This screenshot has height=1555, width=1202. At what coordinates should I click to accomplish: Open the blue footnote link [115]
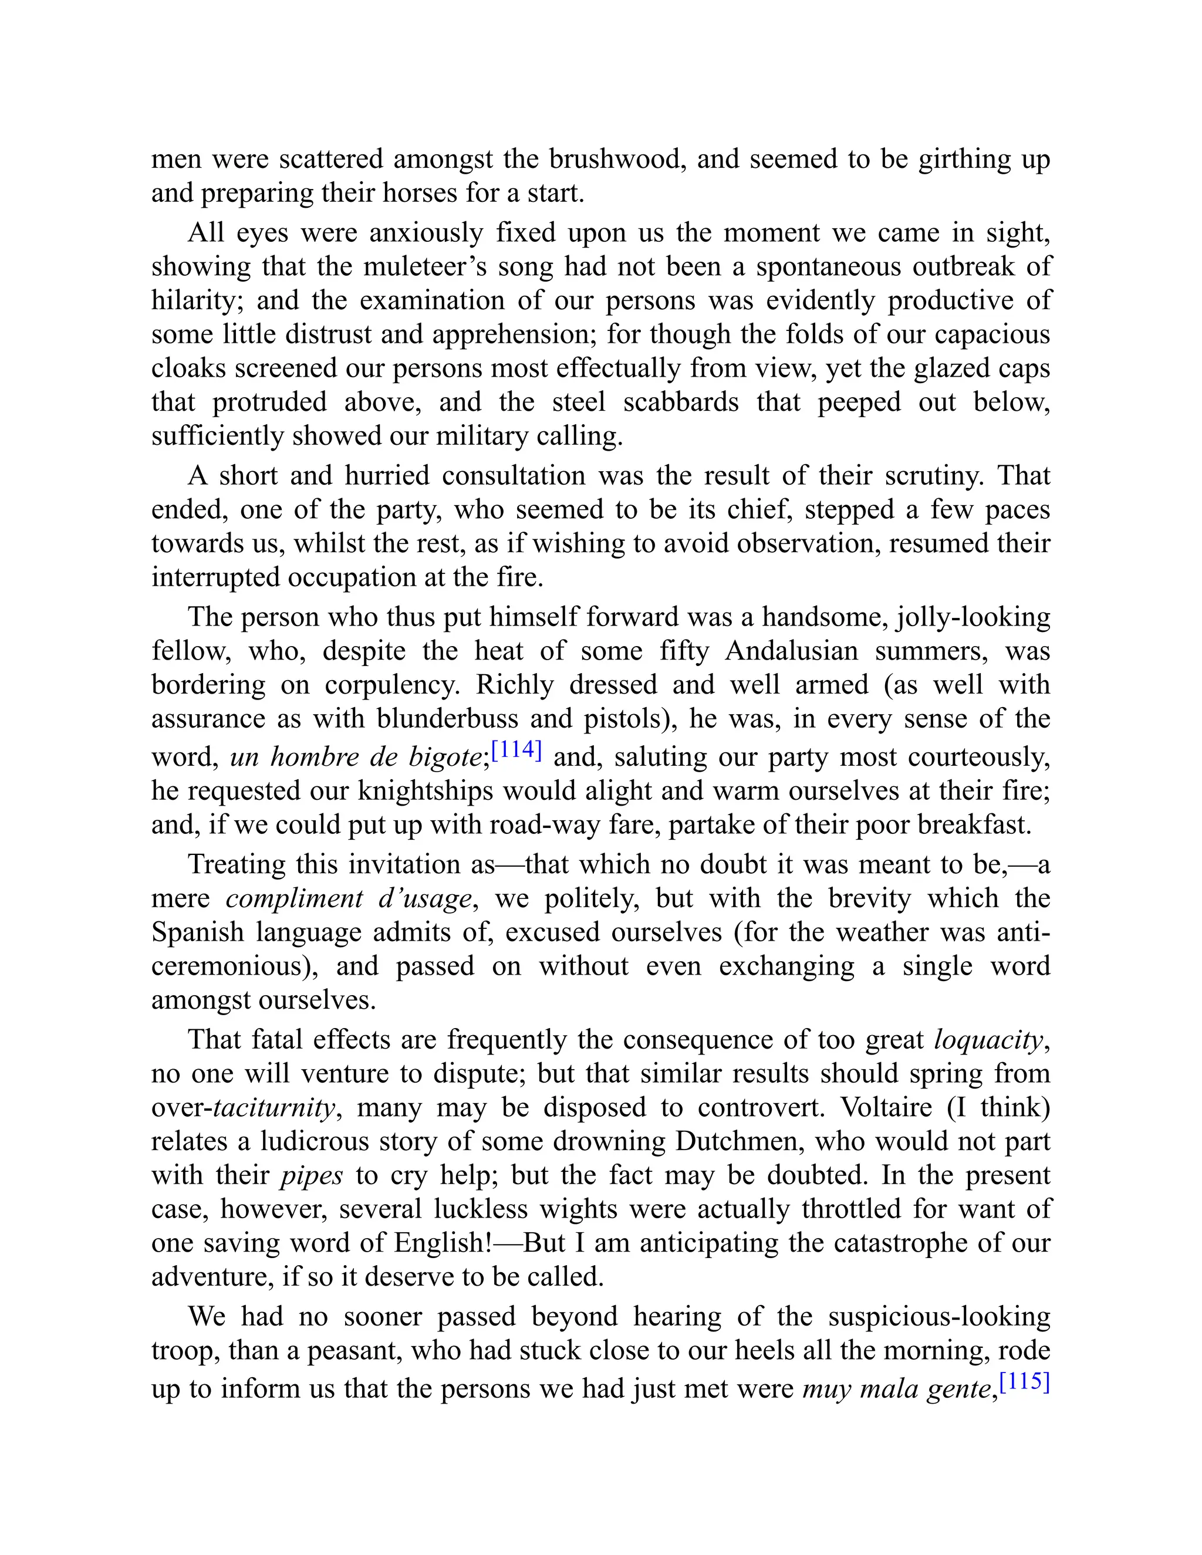pos(1025,1382)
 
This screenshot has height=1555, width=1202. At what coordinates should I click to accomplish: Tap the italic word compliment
pos(294,898)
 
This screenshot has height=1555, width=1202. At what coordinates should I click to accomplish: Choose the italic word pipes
pos(312,1175)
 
